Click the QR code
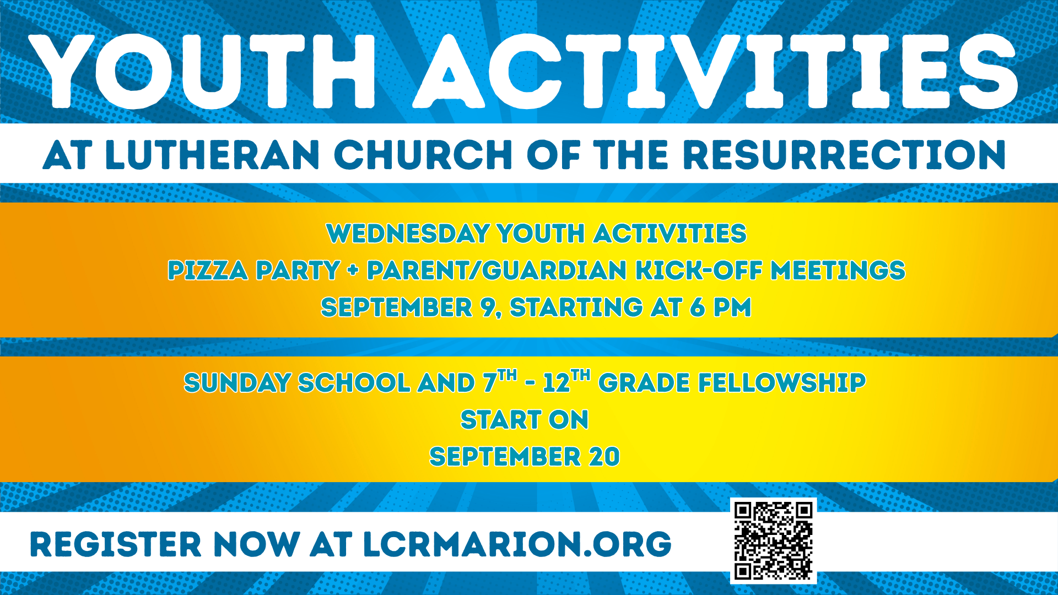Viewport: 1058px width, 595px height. pyautogui.click(x=773, y=540)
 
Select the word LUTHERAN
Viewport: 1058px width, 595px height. pyautogui.click(x=212, y=155)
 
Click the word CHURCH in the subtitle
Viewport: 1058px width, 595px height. pyautogui.click(x=423, y=155)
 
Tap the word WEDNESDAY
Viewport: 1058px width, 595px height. pyautogui.click(x=408, y=234)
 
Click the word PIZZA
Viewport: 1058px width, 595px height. pyautogui.click(x=208, y=271)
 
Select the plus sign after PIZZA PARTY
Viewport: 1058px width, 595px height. pyautogui.click(x=353, y=271)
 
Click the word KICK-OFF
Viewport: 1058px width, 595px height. pyautogui.click(x=699, y=271)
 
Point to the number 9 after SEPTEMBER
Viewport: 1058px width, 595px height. pyautogui.click(x=489, y=307)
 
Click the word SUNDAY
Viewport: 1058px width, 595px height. pyautogui.click(x=237, y=383)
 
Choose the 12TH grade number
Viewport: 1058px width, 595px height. pyautogui.click(x=566, y=381)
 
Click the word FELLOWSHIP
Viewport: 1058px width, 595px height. pyautogui.click(x=782, y=383)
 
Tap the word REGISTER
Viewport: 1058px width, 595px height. pyautogui.click(x=116, y=545)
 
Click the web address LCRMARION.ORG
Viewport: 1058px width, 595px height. pyautogui.click(x=517, y=545)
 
